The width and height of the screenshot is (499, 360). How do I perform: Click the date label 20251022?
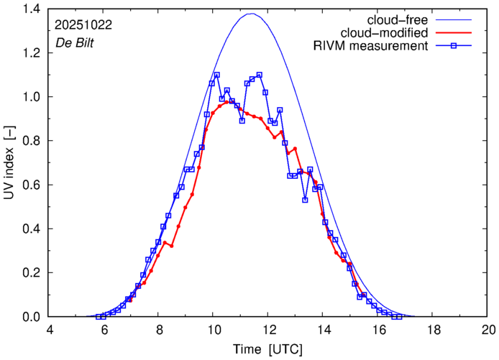pos(83,24)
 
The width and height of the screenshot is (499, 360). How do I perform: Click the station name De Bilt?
pos(74,42)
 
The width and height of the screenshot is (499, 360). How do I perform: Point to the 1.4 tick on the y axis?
pos(32,9)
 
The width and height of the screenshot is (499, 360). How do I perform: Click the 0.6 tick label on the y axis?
pos(32,185)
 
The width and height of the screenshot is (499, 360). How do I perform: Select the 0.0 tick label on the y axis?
pos(32,317)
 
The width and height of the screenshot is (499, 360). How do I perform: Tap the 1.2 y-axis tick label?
pos(32,52)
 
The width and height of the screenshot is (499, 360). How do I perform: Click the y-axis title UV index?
pos(9,163)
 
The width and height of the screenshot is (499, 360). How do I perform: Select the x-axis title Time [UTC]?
pos(267,349)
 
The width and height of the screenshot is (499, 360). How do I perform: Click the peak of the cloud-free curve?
pos(251,14)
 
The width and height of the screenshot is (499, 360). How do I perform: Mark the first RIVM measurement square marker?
pos(99,317)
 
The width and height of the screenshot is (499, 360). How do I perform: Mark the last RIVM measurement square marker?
pos(398,317)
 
